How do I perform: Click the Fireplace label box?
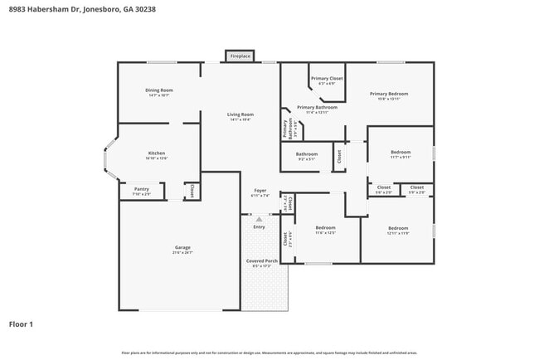click(240, 56)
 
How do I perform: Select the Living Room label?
click(241, 114)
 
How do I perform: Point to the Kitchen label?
click(157, 153)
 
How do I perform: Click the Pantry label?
click(142, 189)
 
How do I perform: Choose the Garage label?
click(182, 248)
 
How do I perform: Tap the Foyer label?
click(260, 192)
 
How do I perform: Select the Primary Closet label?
click(327, 79)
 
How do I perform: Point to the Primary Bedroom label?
click(389, 94)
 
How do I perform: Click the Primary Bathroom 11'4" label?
click(317, 107)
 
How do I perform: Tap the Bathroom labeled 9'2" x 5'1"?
click(307, 153)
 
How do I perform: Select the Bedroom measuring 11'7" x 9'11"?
click(401, 153)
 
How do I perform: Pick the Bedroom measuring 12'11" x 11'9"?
click(398, 228)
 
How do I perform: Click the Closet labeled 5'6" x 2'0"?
click(384, 187)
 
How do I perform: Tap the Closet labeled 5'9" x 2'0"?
click(417, 187)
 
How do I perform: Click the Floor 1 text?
click(21, 324)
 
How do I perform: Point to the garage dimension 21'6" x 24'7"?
click(182, 253)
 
